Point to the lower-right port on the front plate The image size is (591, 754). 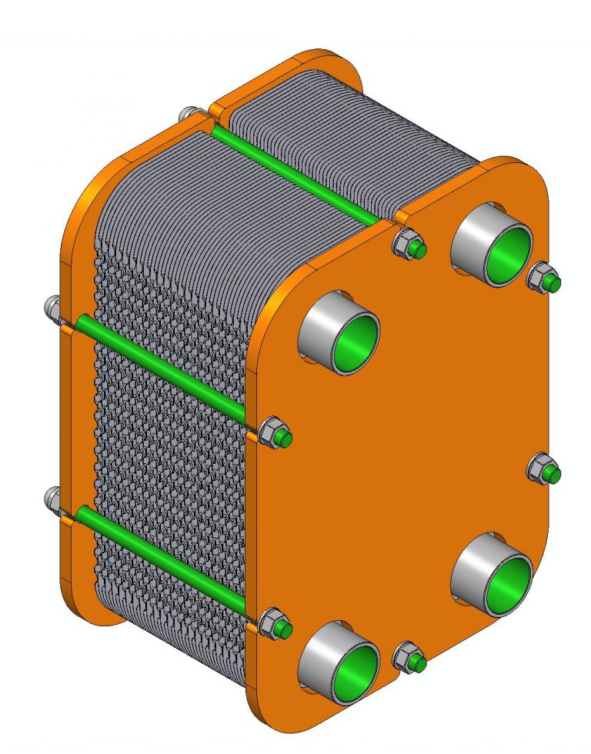[x=493, y=573]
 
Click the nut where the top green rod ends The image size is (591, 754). [x=406, y=245]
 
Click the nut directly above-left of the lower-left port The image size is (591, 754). [x=275, y=624]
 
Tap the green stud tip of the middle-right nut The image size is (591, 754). [x=552, y=475]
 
